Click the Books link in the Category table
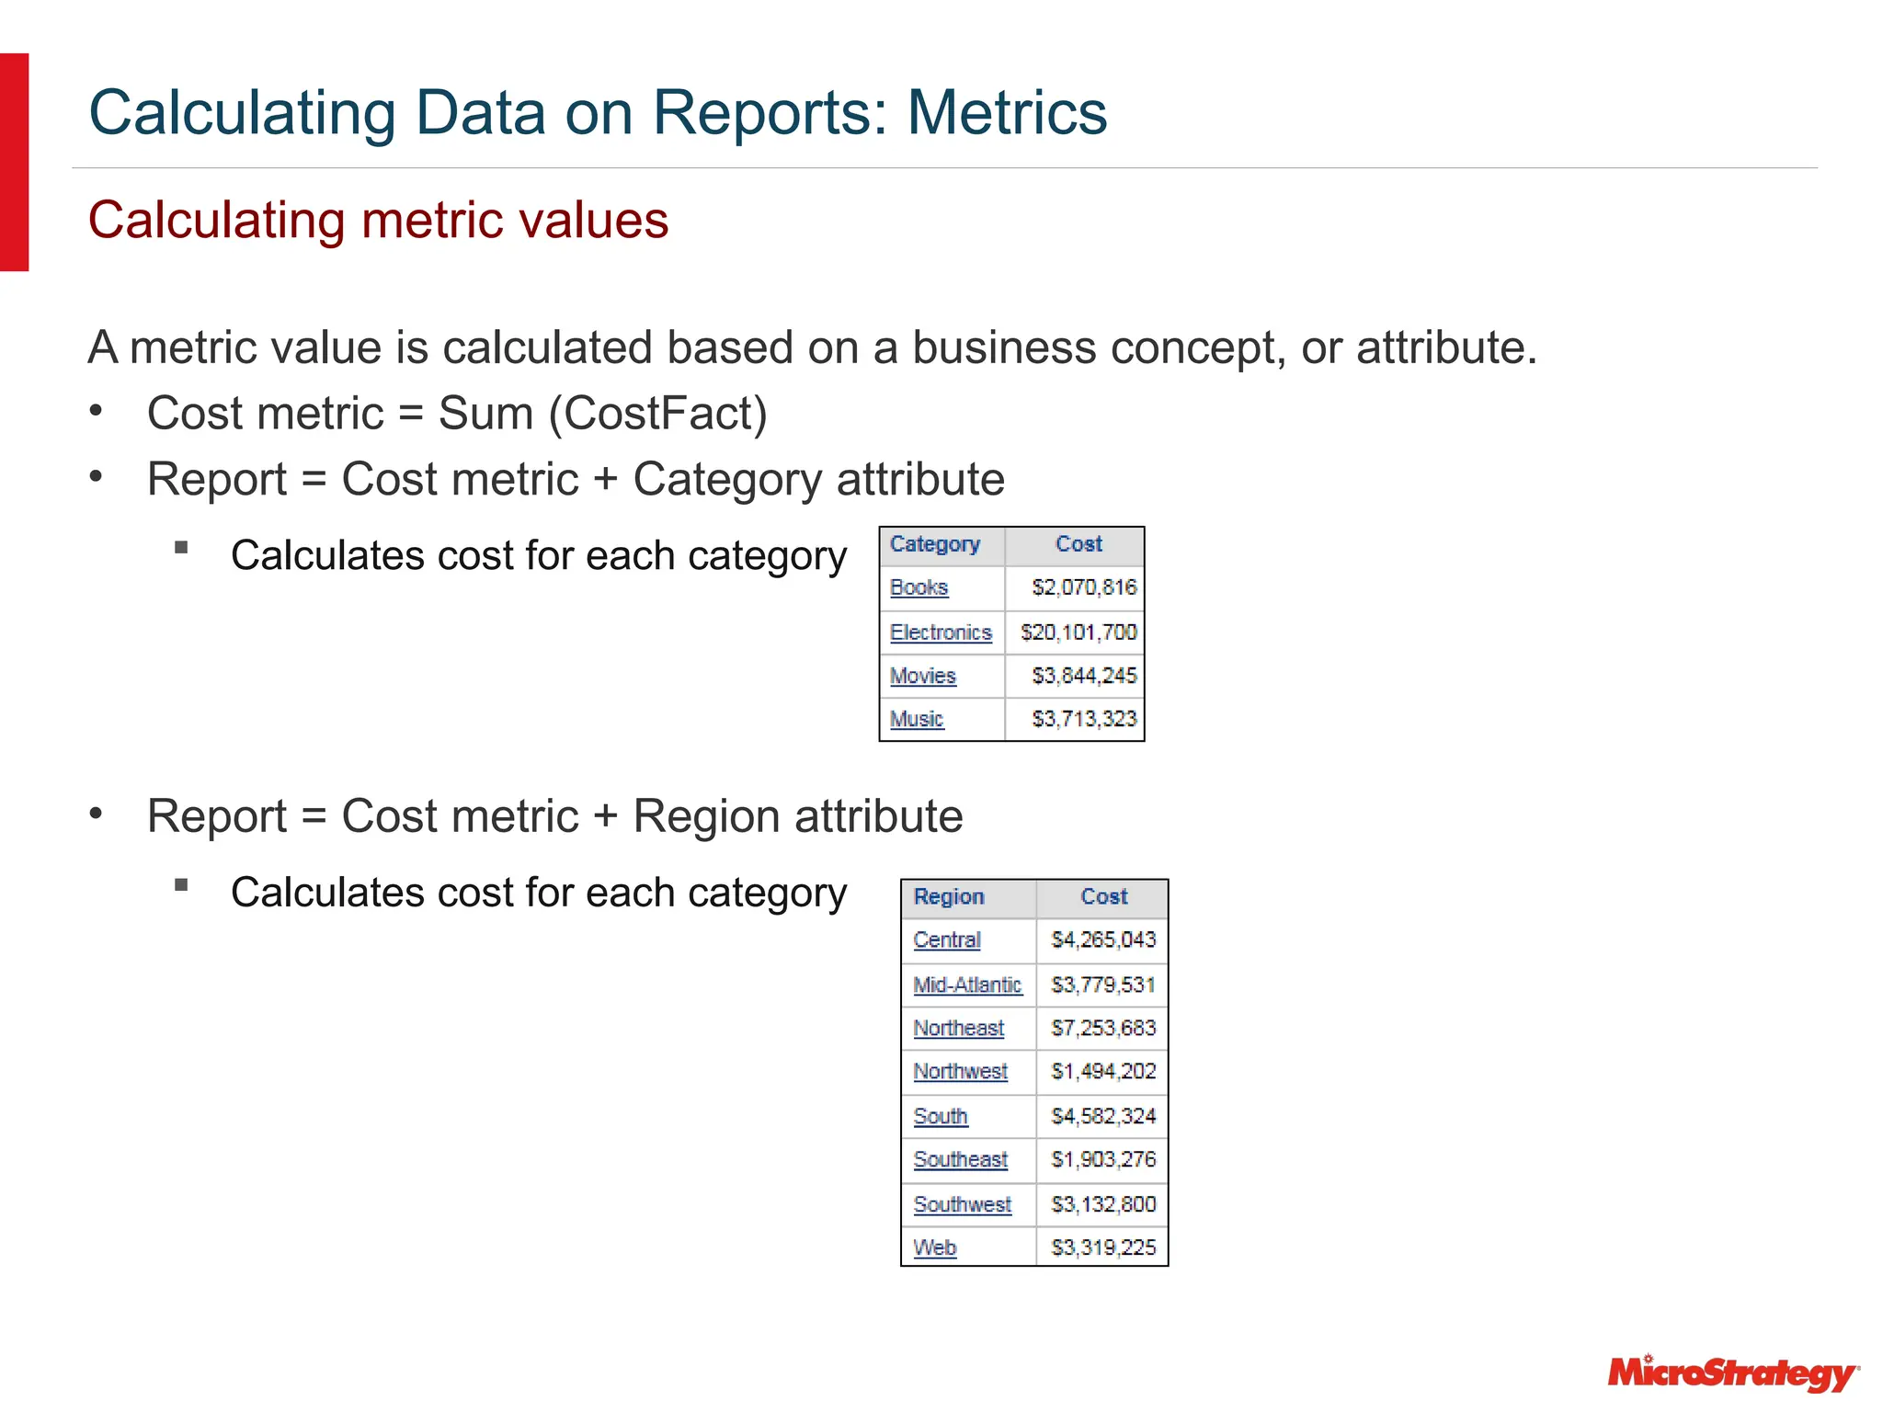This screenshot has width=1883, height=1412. [x=919, y=587]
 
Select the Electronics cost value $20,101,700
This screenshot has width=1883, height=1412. [x=1078, y=632]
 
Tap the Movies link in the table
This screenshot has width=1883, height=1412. [x=922, y=677]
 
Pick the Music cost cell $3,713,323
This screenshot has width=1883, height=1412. [x=1084, y=719]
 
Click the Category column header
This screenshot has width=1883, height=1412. [x=935, y=544]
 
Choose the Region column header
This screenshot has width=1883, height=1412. [x=949, y=897]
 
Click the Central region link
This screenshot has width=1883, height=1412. [x=947, y=940]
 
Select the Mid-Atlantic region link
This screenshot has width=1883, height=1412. [x=967, y=985]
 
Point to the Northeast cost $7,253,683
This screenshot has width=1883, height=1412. [x=1103, y=1029]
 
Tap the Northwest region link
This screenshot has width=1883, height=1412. [x=960, y=1072]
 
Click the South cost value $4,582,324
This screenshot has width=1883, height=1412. [x=1103, y=1117]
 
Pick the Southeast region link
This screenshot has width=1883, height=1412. [x=960, y=1160]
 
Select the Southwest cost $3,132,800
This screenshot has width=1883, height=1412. [x=1103, y=1204]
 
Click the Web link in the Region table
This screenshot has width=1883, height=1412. [x=934, y=1248]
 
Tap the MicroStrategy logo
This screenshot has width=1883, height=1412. [x=1732, y=1373]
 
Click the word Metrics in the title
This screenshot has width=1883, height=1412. [x=1007, y=113]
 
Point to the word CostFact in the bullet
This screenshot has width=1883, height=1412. [x=658, y=413]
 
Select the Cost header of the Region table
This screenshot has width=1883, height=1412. [x=1103, y=897]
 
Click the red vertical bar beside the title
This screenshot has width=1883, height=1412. [x=14, y=162]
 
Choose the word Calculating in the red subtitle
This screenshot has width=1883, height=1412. [x=216, y=221]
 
